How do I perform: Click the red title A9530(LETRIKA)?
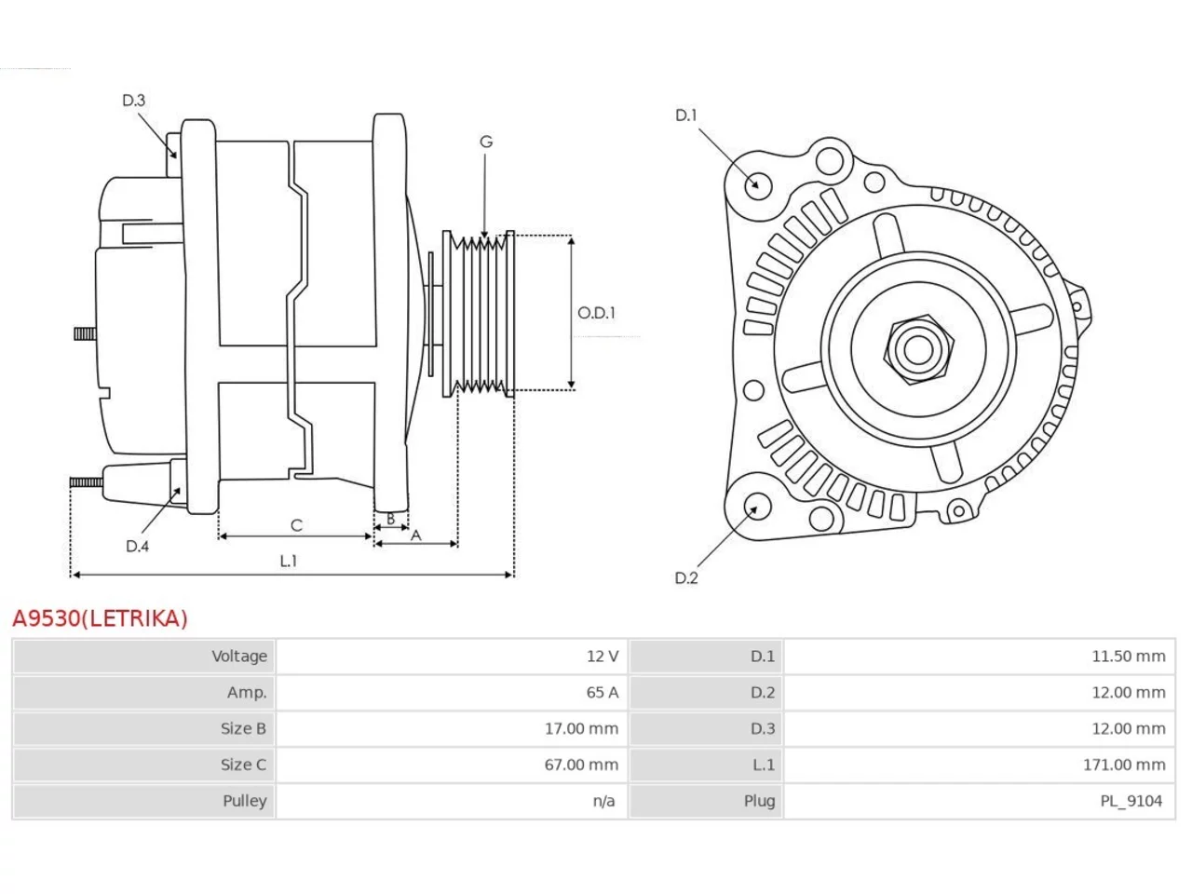[x=100, y=618]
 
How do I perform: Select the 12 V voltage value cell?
[x=602, y=657]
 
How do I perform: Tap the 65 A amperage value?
[x=602, y=692]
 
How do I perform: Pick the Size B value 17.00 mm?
[x=581, y=728]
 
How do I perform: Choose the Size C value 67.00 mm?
[x=581, y=765]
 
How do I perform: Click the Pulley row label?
[x=244, y=801]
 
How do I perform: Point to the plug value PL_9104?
[x=1131, y=801]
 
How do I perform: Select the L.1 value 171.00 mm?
[x=1124, y=765]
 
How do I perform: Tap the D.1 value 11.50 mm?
[x=1129, y=657]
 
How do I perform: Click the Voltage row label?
[x=239, y=657]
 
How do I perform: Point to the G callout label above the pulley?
[x=486, y=142]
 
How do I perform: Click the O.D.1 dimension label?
[x=596, y=313]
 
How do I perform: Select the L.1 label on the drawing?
[x=289, y=561]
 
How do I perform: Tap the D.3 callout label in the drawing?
[x=133, y=101]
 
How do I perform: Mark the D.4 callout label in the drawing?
[x=137, y=546]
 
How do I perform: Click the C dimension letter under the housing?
[x=296, y=525]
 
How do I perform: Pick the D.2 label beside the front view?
[x=686, y=578]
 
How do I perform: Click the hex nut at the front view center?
[x=918, y=349]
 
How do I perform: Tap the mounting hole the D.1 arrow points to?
[x=757, y=183]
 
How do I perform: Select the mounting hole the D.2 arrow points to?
[x=756, y=506]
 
